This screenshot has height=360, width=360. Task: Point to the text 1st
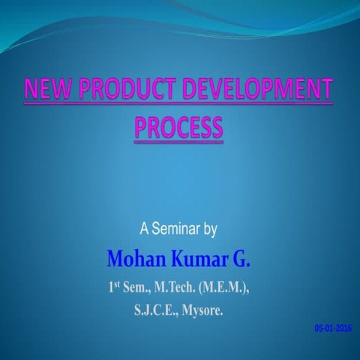[x=117, y=286]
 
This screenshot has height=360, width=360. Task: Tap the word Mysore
[x=202, y=307]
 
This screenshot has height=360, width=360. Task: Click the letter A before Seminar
[x=144, y=228]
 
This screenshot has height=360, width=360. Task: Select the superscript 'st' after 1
[x=121, y=283]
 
